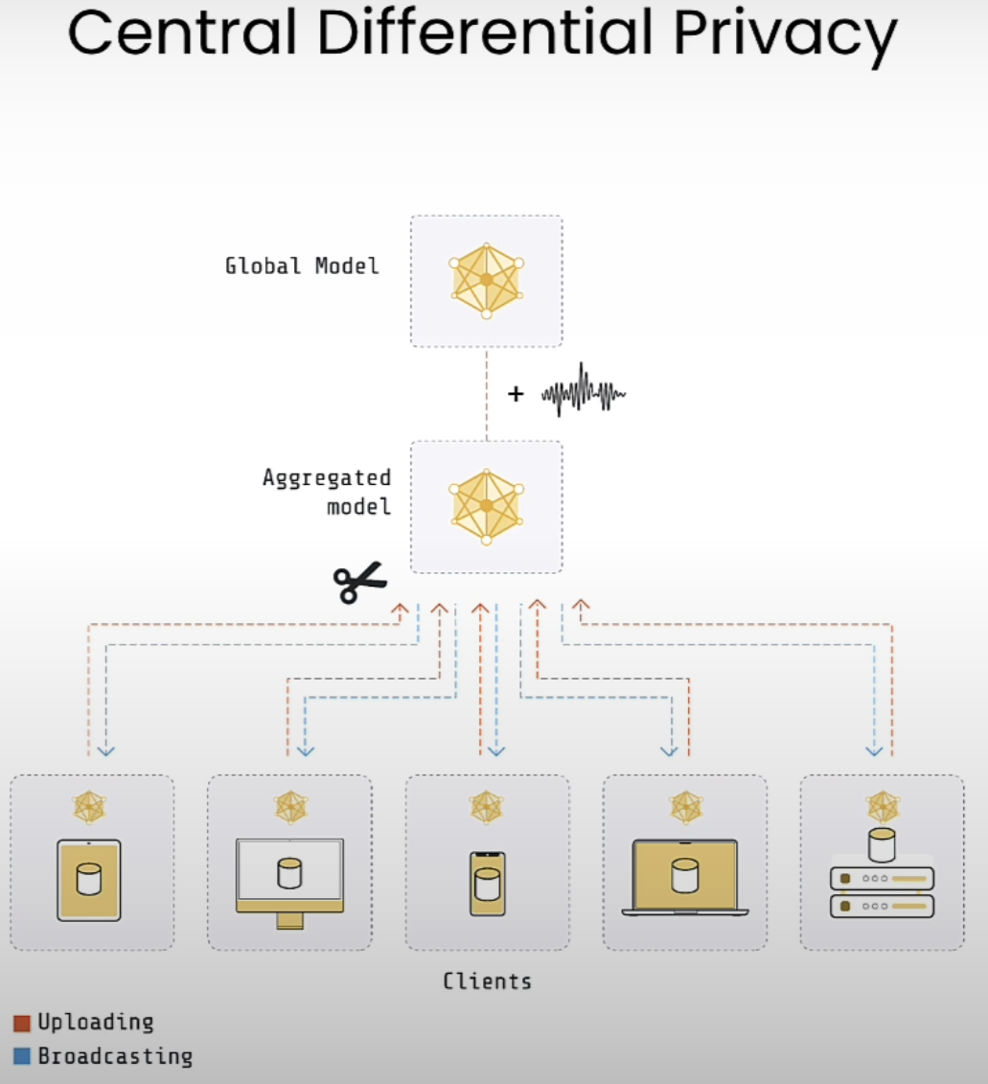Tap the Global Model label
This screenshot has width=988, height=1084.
coord(302,266)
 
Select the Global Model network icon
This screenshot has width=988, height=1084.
coord(487,280)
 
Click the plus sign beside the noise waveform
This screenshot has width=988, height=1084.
coord(516,393)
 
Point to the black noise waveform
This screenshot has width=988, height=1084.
coord(584,391)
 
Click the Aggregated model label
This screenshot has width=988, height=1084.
coord(327,493)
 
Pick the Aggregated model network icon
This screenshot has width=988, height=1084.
coord(487,507)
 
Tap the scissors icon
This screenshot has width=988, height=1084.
coord(359,583)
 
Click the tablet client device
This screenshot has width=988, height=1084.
coord(88,880)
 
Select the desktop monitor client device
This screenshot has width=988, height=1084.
coord(289,884)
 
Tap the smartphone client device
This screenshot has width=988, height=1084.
coord(488,884)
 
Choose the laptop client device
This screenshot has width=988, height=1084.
coord(685,877)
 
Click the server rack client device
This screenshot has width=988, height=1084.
coord(883,891)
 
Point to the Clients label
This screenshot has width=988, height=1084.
coord(488,981)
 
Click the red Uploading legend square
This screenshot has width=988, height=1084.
coord(22,1024)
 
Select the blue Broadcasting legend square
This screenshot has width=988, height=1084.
coord(22,1056)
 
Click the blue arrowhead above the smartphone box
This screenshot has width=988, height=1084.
coord(496,751)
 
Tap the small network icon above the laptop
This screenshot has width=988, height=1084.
coord(686,807)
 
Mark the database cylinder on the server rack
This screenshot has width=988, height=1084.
coord(882,844)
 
